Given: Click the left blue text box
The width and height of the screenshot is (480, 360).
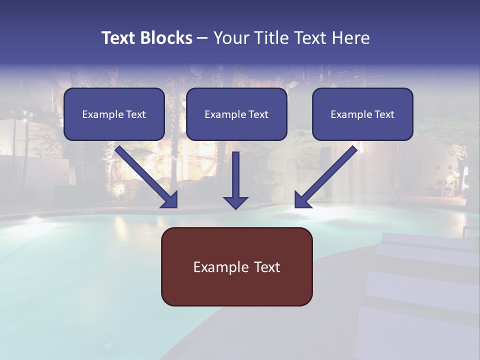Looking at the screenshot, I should [114, 114].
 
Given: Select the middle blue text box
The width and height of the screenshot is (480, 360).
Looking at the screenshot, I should [236, 114].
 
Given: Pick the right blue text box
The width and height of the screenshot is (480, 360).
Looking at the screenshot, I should [362, 114].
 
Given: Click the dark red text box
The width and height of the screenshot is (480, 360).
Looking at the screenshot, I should [236, 266].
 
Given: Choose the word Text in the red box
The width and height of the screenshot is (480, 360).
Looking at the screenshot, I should [267, 267].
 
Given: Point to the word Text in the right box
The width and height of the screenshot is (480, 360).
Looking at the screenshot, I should [384, 114].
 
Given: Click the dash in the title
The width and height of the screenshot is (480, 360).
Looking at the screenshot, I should [202, 38].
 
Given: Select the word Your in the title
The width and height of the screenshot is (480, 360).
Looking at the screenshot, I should [229, 38].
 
